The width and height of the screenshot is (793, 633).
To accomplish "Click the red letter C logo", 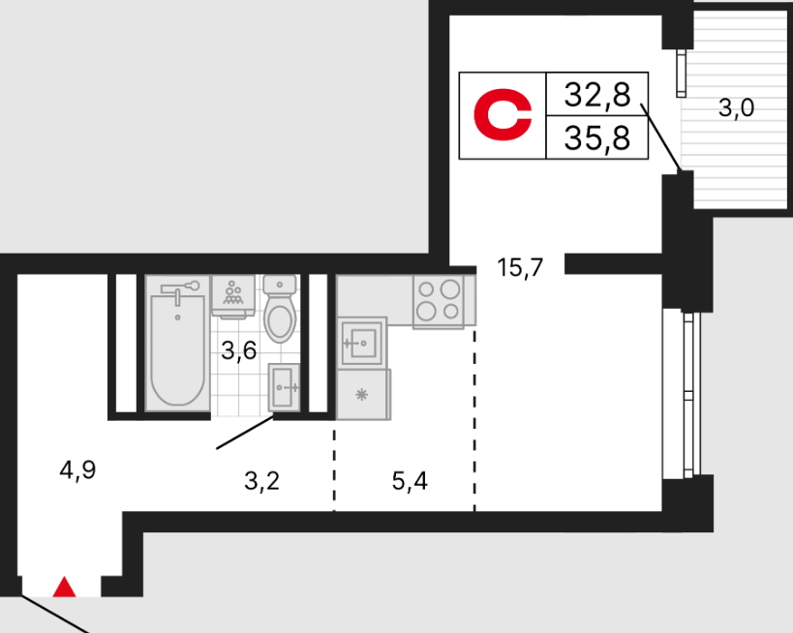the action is click(x=503, y=114).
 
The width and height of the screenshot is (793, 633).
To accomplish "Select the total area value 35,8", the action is click(x=597, y=137).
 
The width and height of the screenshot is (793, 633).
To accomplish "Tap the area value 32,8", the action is click(x=597, y=95).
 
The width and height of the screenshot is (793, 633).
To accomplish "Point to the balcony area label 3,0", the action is click(x=736, y=107).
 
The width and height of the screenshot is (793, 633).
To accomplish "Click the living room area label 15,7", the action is click(x=520, y=267).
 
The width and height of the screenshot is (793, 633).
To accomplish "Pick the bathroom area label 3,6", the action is click(x=239, y=350).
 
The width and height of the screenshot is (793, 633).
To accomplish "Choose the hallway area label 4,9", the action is click(x=77, y=470).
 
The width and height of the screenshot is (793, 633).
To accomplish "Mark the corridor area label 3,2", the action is click(x=261, y=481).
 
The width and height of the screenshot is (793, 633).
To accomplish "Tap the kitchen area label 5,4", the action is click(x=410, y=481).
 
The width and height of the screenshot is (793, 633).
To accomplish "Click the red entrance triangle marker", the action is click(x=64, y=588).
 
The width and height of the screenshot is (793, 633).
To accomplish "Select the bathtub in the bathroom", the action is click(x=177, y=344).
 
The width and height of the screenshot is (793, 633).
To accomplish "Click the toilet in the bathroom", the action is click(x=280, y=309).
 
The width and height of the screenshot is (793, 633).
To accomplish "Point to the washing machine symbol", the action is click(x=232, y=297).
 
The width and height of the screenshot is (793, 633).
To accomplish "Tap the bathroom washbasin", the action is click(x=284, y=387).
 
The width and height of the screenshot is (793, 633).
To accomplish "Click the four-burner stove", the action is click(x=439, y=302).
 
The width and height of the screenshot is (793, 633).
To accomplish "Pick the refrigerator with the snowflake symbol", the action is click(x=363, y=394).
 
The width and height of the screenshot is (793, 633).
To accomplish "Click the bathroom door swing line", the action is click(x=245, y=433).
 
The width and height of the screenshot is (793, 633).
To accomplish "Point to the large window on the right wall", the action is click(x=688, y=395).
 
